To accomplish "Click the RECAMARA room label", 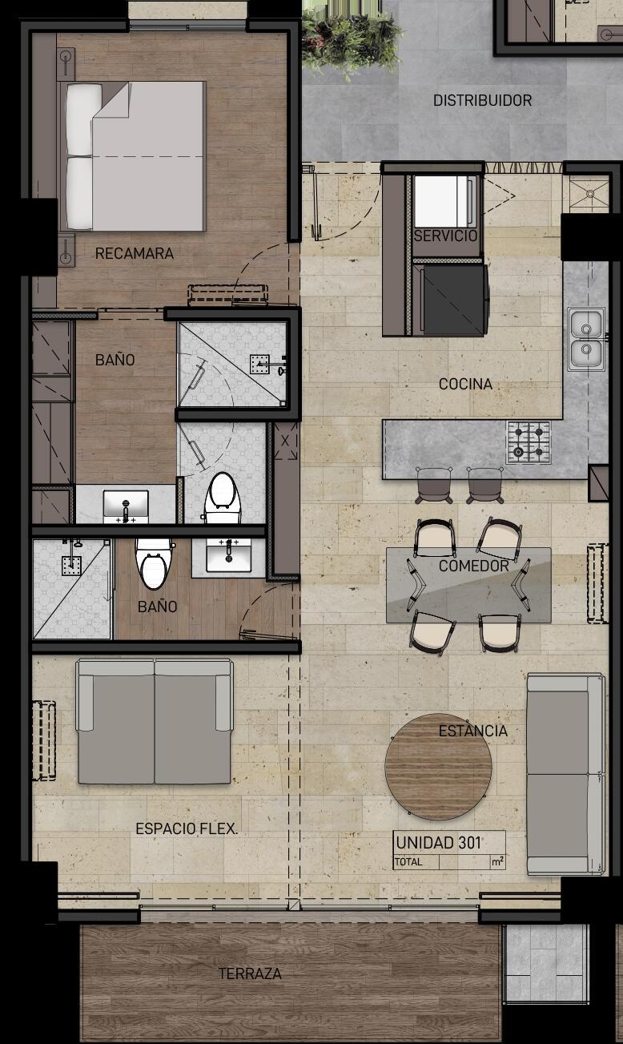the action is point(135,253).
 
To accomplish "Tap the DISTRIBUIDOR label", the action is point(482,100).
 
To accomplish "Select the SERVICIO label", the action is point(445,236).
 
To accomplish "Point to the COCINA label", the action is point(465,384).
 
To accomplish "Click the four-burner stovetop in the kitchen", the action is point(529,441).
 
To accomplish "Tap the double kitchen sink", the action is point(586,339).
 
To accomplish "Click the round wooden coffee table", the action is point(438,767).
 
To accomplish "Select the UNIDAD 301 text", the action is point(438,843).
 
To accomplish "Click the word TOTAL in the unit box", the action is point(408,862).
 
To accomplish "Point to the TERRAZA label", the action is point(250,973).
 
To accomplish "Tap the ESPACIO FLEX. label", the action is point(187,828).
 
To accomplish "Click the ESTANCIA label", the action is point(473,731).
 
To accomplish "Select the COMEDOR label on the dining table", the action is point(473,566).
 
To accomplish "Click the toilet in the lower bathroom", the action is point(153,564).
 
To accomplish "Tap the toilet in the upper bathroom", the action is point(223,498).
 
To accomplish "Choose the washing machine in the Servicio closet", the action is point(445,201).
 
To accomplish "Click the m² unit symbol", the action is point(497,862).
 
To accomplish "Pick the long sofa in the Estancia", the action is point(565,774).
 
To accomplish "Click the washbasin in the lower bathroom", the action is point(228,555).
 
